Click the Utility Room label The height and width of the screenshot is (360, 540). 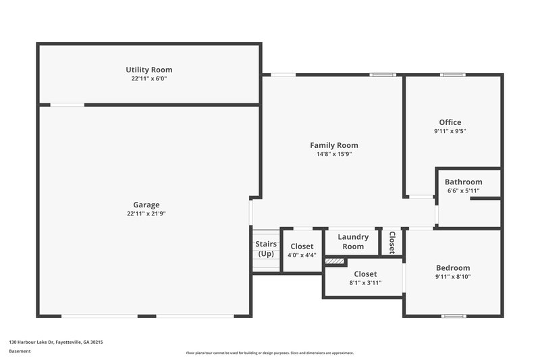click(148, 70)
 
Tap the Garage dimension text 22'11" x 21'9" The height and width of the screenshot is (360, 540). click(146, 213)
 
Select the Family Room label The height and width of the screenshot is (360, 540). click(333, 145)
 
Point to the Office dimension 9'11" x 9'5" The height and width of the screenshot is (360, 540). click(450, 131)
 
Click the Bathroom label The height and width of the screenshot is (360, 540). click(463, 182)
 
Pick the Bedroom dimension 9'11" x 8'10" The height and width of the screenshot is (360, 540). click(452, 277)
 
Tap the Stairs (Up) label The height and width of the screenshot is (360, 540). click(266, 249)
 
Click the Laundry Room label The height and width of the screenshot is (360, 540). click(353, 242)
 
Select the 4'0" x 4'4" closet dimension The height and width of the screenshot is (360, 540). click(301, 255)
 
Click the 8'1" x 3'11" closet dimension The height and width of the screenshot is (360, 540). click(365, 282)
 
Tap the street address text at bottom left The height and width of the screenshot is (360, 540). click(56, 342)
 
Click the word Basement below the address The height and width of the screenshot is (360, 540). click(20, 351)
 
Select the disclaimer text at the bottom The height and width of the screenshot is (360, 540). click(269, 353)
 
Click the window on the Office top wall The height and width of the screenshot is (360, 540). click(450, 74)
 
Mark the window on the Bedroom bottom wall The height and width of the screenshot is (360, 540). click(453, 315)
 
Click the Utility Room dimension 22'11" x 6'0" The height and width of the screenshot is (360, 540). click(148, 78)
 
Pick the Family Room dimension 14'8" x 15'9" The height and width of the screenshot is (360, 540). click(333, 154)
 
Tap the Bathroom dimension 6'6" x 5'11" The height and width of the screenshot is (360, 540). click(463, 190)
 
